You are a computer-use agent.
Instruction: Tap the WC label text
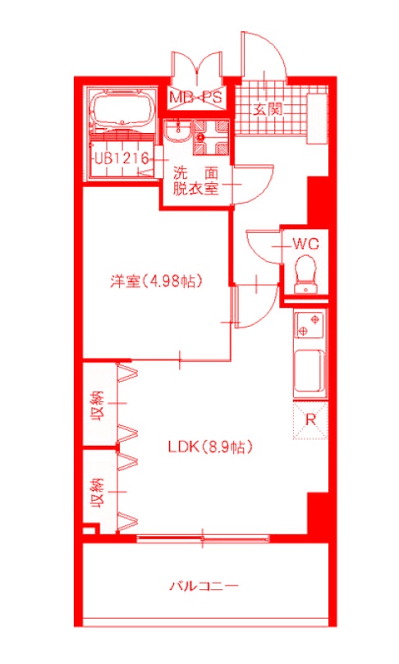point(305,243)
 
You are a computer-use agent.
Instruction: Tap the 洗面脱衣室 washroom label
point(195,181)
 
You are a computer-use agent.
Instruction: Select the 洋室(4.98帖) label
point(157,281)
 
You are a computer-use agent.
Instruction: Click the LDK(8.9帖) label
point(209,447)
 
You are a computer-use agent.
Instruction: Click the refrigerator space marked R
point(310,419)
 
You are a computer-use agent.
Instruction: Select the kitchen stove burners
point(310,325)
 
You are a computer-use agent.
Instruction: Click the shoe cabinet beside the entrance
point(315,116)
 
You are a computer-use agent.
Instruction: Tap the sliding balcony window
point(203,538)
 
